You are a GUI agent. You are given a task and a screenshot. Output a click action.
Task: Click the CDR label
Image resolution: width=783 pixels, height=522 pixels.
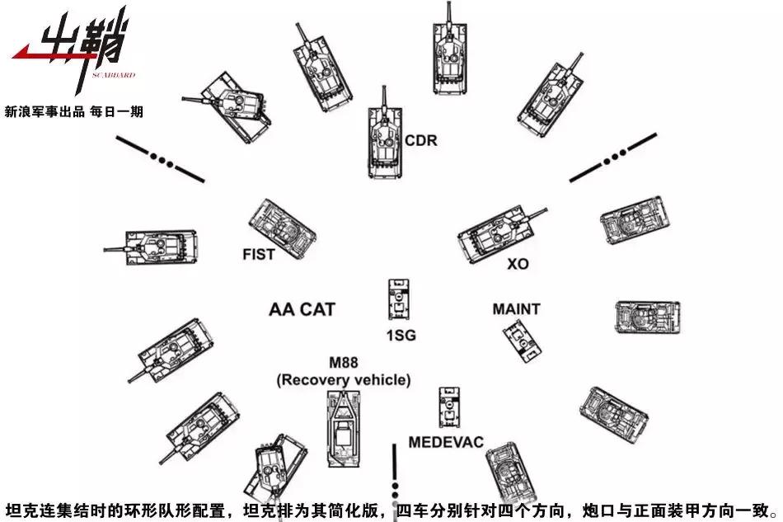click(420, 141)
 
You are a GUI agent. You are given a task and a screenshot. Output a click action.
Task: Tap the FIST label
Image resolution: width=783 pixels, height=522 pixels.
click(258, 255)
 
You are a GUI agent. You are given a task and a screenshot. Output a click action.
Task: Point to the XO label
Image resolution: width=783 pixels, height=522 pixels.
click(518, 265)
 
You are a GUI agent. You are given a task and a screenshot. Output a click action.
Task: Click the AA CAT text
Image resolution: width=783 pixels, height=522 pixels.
click(302, 310)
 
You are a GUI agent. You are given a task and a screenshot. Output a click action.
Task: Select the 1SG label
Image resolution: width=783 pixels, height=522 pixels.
click(401, 335)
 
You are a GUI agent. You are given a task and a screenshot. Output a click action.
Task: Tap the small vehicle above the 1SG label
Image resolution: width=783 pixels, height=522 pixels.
click(398, 299)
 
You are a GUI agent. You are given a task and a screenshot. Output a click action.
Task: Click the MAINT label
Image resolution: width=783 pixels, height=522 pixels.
click(516, 309)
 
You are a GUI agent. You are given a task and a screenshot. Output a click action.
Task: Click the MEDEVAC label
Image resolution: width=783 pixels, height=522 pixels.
click(446, 442)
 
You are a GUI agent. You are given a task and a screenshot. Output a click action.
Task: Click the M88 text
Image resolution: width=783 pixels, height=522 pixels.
click(344, 364)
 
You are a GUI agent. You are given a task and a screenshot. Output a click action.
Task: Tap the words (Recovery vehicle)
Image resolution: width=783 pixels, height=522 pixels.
click(343, 379)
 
